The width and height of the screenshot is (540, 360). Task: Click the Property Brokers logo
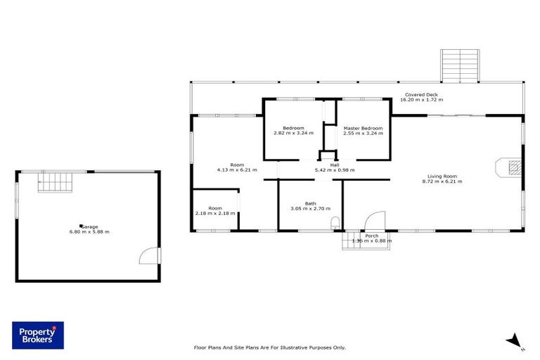37,335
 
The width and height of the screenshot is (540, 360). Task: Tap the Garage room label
89,226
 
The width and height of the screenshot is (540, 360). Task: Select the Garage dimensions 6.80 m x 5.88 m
89,232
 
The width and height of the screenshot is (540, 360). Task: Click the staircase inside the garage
55,183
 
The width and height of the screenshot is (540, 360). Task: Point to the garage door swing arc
149,255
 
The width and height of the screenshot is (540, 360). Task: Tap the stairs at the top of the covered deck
460,65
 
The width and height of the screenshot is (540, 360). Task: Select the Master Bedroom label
363,128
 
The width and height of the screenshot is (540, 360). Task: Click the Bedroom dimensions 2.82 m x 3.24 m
293,133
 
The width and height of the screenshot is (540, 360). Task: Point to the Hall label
334,165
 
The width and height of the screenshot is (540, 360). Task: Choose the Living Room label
442,176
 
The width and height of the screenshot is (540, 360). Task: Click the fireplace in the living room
511,167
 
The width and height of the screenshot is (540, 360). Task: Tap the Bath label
310,203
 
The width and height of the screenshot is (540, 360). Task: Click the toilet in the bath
335,224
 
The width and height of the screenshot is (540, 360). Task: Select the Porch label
371,236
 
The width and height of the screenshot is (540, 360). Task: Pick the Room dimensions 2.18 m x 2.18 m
214,213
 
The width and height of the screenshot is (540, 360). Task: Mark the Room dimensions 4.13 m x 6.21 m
236,170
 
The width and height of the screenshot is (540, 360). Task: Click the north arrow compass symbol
515,340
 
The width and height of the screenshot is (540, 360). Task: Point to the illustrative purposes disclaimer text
269,347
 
